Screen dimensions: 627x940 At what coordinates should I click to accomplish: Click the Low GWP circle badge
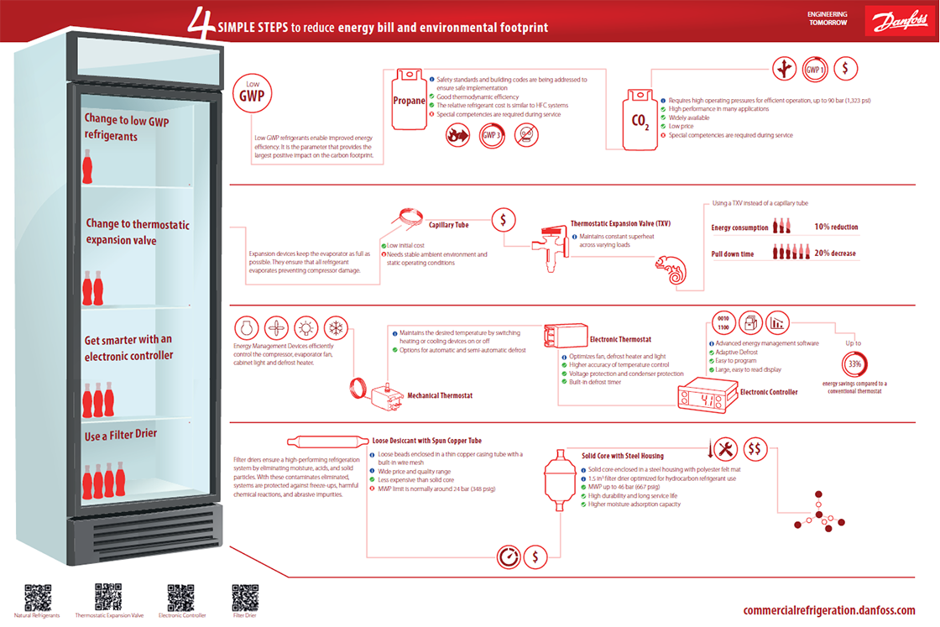[253, 95]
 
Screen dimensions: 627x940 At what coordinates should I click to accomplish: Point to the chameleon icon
[671, 271]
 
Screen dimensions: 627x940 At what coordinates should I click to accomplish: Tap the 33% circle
[854, 364]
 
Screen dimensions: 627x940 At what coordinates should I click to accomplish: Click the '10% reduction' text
[836, 227]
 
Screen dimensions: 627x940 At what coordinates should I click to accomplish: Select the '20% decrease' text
[836, 253]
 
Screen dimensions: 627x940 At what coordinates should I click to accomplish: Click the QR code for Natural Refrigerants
[37, 597]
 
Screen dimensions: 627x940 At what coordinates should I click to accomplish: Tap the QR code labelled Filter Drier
[244, 597]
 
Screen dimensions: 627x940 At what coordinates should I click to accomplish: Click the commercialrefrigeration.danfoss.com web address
[828, 610]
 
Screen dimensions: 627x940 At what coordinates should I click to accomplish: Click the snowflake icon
[336, 327]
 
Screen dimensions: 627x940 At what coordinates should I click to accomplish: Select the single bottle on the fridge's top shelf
[86, 166]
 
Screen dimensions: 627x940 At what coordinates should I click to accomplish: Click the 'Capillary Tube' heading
[448, 225]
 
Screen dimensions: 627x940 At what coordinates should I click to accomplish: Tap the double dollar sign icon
[755, 449]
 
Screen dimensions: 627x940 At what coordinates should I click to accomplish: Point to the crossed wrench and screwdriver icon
[726, 449]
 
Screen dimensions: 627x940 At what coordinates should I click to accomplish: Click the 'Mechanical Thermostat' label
[440, 395]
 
